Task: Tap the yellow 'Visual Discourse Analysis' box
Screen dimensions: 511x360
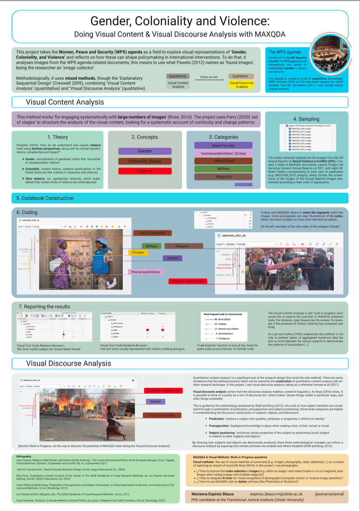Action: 242,85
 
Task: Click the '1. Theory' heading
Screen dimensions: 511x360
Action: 58,137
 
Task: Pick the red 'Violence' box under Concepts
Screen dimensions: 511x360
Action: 145,171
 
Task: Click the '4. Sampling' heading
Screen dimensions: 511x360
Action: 306,119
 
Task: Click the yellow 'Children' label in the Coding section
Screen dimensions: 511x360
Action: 138,253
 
